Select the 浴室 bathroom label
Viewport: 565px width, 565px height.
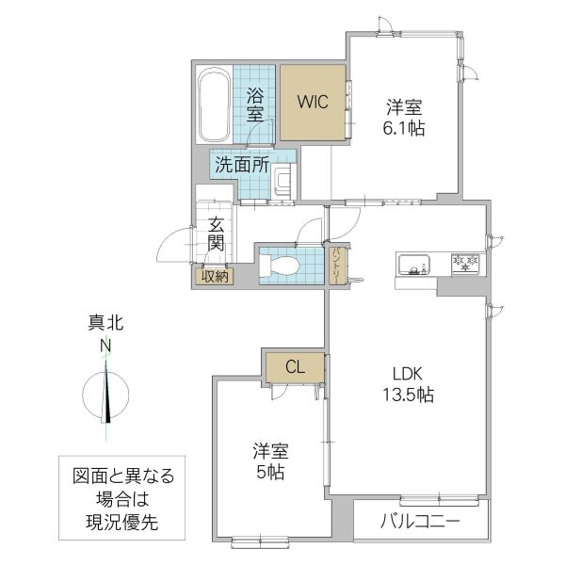pyautogui.click(x=255, y=105)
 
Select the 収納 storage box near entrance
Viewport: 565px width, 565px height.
pyautogui.click(x=214, y=276)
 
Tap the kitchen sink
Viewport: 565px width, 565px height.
pyautogui.click(x=414, y=262)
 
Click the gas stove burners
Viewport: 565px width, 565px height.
pyautogui.click(x=464, y=262)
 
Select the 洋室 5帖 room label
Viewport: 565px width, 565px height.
pyautogui.click(x=269, y=460)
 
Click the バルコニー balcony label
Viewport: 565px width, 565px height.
pyautogui.click(x=420, y=521)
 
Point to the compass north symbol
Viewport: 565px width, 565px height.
pyautogui.click(x=106, y=393)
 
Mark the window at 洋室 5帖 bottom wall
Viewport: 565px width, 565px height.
pyautogui.click(x=259, y=541)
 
